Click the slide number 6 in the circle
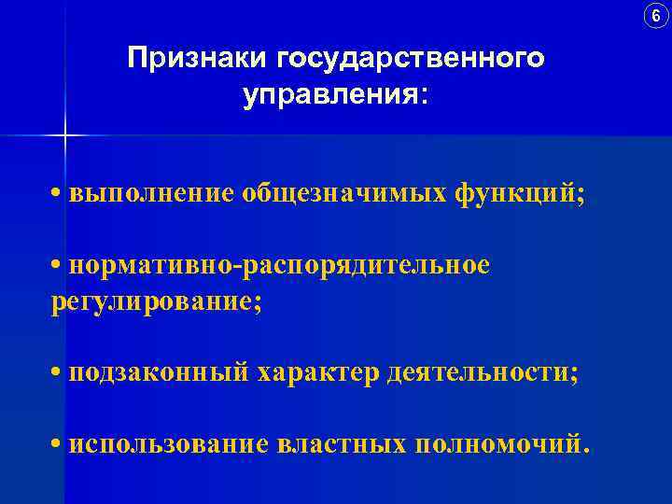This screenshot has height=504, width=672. [x=655, y=16]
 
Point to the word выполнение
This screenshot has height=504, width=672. [x=154, y=195]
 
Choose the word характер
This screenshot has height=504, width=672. [x=315, y=372]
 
